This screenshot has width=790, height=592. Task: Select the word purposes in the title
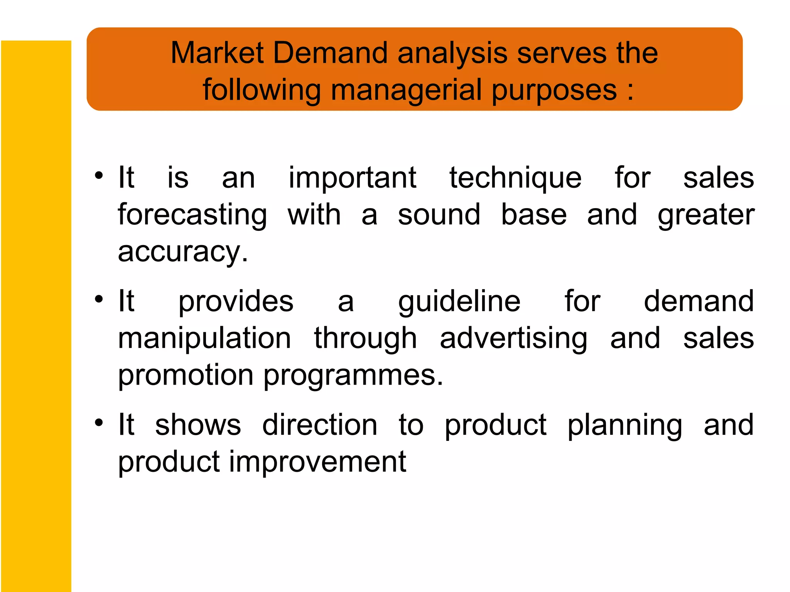(554, 90)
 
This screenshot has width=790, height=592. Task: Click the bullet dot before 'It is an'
(99, 175)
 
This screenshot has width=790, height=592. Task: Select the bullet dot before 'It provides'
(99, 299)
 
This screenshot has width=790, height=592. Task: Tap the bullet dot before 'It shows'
(99, 423)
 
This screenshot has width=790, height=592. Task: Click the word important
(352, 178)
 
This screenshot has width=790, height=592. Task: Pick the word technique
(515, 178)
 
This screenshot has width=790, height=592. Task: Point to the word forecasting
(192, 215)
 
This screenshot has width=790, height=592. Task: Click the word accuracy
(183, 252)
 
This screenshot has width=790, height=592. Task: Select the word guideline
(459, 301)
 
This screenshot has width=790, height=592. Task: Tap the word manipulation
(204, 338)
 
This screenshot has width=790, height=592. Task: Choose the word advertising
(513, 338)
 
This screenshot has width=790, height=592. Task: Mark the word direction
(319, 425)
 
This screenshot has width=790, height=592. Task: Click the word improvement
(317, 462)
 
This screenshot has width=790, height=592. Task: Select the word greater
(706, 215)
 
